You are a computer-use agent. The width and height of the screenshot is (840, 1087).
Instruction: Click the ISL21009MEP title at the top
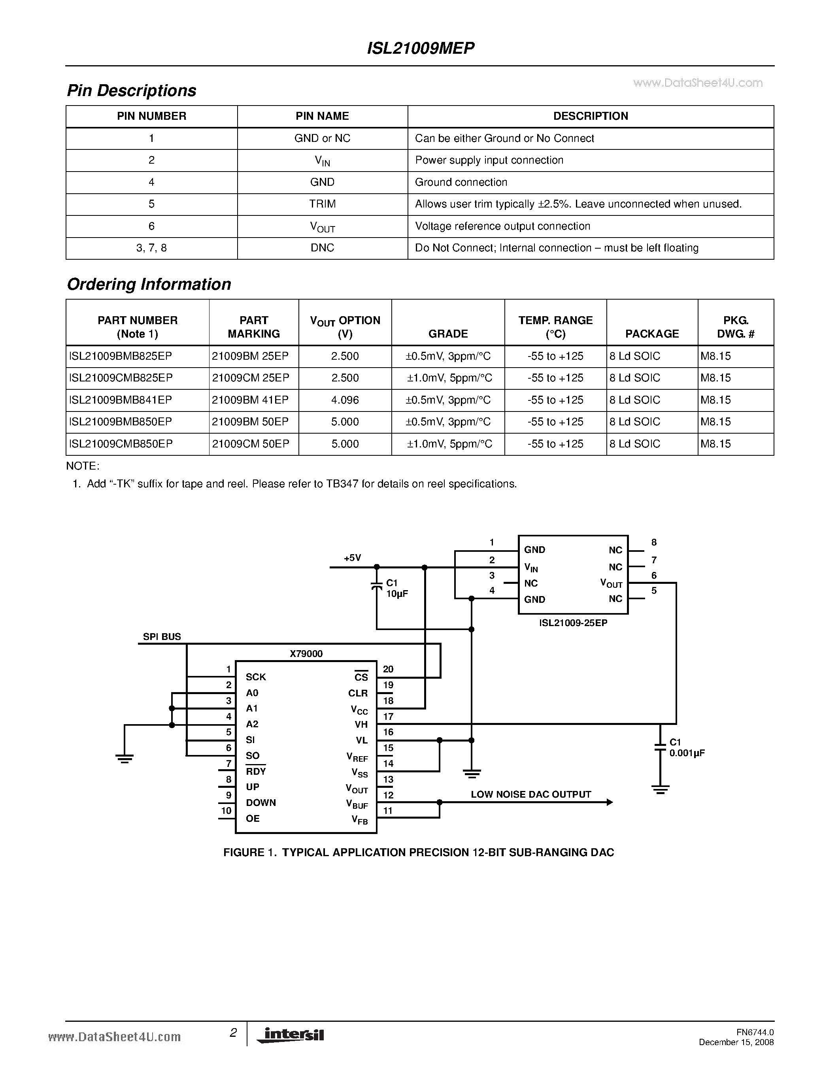click(421, 48)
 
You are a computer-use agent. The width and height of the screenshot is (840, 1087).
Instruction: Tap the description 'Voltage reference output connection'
click(502, 226)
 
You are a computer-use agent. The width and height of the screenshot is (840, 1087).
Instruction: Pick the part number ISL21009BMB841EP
click(121, 400)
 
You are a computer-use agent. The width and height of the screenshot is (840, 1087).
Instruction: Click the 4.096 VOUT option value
click(345, 400)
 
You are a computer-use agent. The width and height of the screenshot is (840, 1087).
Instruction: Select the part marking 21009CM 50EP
click(250, 444)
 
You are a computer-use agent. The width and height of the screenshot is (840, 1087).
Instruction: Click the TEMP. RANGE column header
click(555, 326)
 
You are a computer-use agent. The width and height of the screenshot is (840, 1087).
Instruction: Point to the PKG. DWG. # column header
click(736, 326)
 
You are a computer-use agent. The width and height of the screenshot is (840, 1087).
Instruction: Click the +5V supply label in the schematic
click(352, 558)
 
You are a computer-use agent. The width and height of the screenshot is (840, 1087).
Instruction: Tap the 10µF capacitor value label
click(396, 594)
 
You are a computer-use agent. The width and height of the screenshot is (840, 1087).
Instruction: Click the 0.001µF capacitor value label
click(687, 753)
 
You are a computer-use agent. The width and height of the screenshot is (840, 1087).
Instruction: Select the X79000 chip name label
click(306, 653)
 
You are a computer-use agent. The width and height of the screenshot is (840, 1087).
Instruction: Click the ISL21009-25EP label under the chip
click(573, 623)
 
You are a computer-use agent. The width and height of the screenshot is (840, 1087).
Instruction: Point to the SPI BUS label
click(162, 636)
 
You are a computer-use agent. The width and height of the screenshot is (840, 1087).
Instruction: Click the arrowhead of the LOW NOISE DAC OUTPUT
click(609, 802)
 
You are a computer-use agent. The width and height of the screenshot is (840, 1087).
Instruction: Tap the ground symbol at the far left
click(125, 758)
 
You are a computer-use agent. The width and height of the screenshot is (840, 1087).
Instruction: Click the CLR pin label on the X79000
click(358, 693)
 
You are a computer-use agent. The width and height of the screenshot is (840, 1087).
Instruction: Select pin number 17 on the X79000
click(388, 717)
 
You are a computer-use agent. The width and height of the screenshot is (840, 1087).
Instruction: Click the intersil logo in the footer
click(291, 1035)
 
